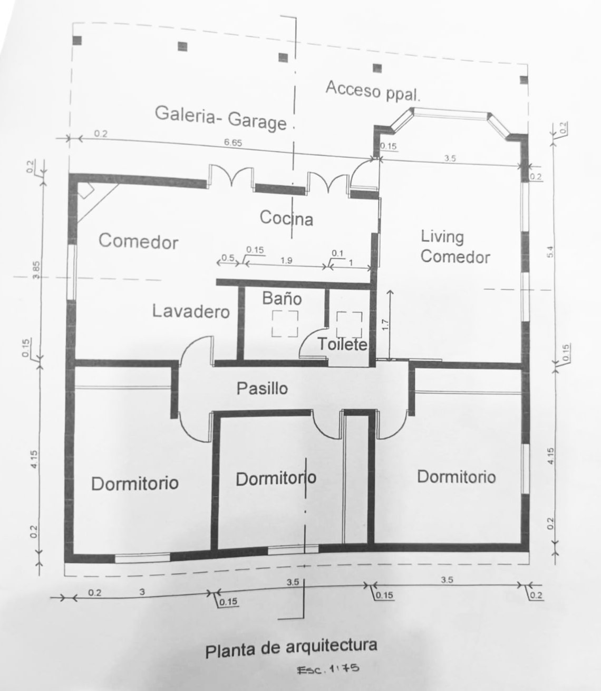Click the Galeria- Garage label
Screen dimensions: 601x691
(221, 118)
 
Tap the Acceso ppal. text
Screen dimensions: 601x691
(373, 90)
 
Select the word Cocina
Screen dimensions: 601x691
(286, 217)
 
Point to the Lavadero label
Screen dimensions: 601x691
(191, 311)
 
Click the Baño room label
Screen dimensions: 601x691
(282, 298)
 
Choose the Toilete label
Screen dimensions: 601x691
(342, 345)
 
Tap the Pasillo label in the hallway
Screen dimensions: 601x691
(262, 389)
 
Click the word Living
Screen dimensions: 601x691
(442, 237)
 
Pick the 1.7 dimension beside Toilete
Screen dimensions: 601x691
(385, 326)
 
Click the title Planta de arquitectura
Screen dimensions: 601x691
(291, 648)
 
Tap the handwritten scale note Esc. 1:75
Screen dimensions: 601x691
(328, 669)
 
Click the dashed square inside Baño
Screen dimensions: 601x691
(285, 324)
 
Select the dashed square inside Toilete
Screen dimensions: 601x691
(349, 324)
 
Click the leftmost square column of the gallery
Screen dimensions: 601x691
(77, 40)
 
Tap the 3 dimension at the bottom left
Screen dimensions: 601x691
(142, 592)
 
